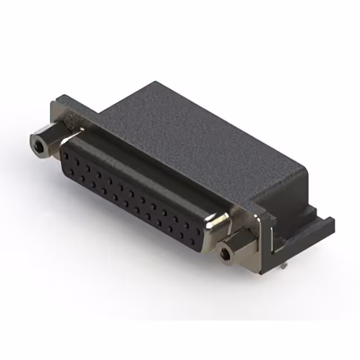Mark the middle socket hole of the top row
point(136,189)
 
